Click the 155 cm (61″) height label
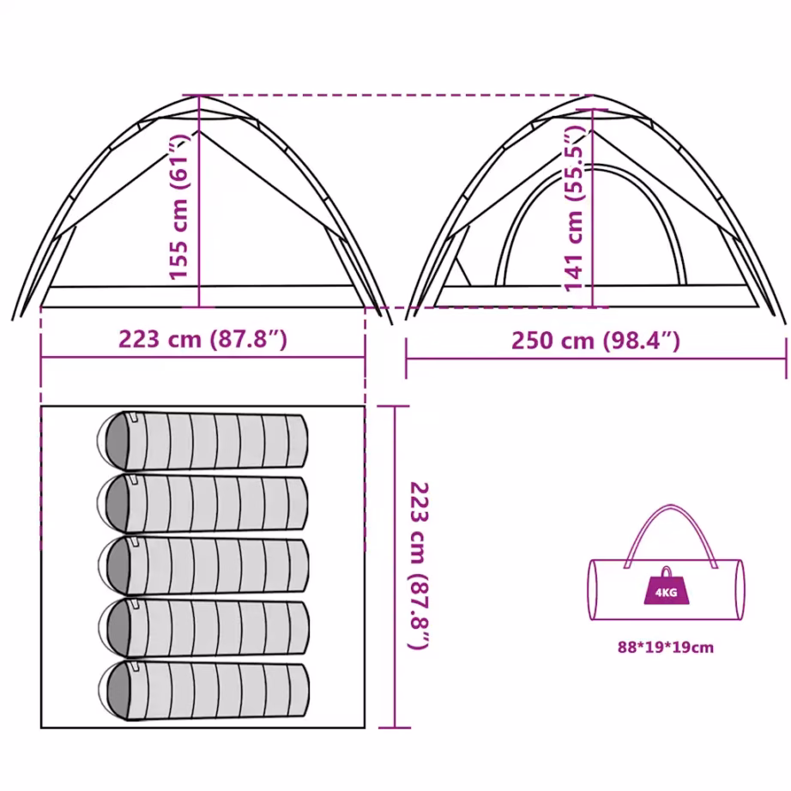tap(178, 207)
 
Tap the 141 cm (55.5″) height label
tap(574, 208)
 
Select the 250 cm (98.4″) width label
tap(595, 341)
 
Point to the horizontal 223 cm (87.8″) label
tap(202, 339)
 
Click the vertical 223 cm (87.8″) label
tap(419, 566)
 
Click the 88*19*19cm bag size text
tap(666, 647)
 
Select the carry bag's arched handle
tap(670, 506)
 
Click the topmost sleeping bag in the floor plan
tap(202, 441)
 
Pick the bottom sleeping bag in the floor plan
tap(203, 690)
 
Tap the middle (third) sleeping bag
tap(203, 565)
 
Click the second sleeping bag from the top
tap(202, 503)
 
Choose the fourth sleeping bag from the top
tap(203, 627)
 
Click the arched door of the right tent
tap(592, 167)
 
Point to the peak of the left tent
tap(199, 95)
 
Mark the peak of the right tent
tap(593, 95)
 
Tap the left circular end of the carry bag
tap(592, 589)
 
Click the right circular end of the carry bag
tap(740, 589)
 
